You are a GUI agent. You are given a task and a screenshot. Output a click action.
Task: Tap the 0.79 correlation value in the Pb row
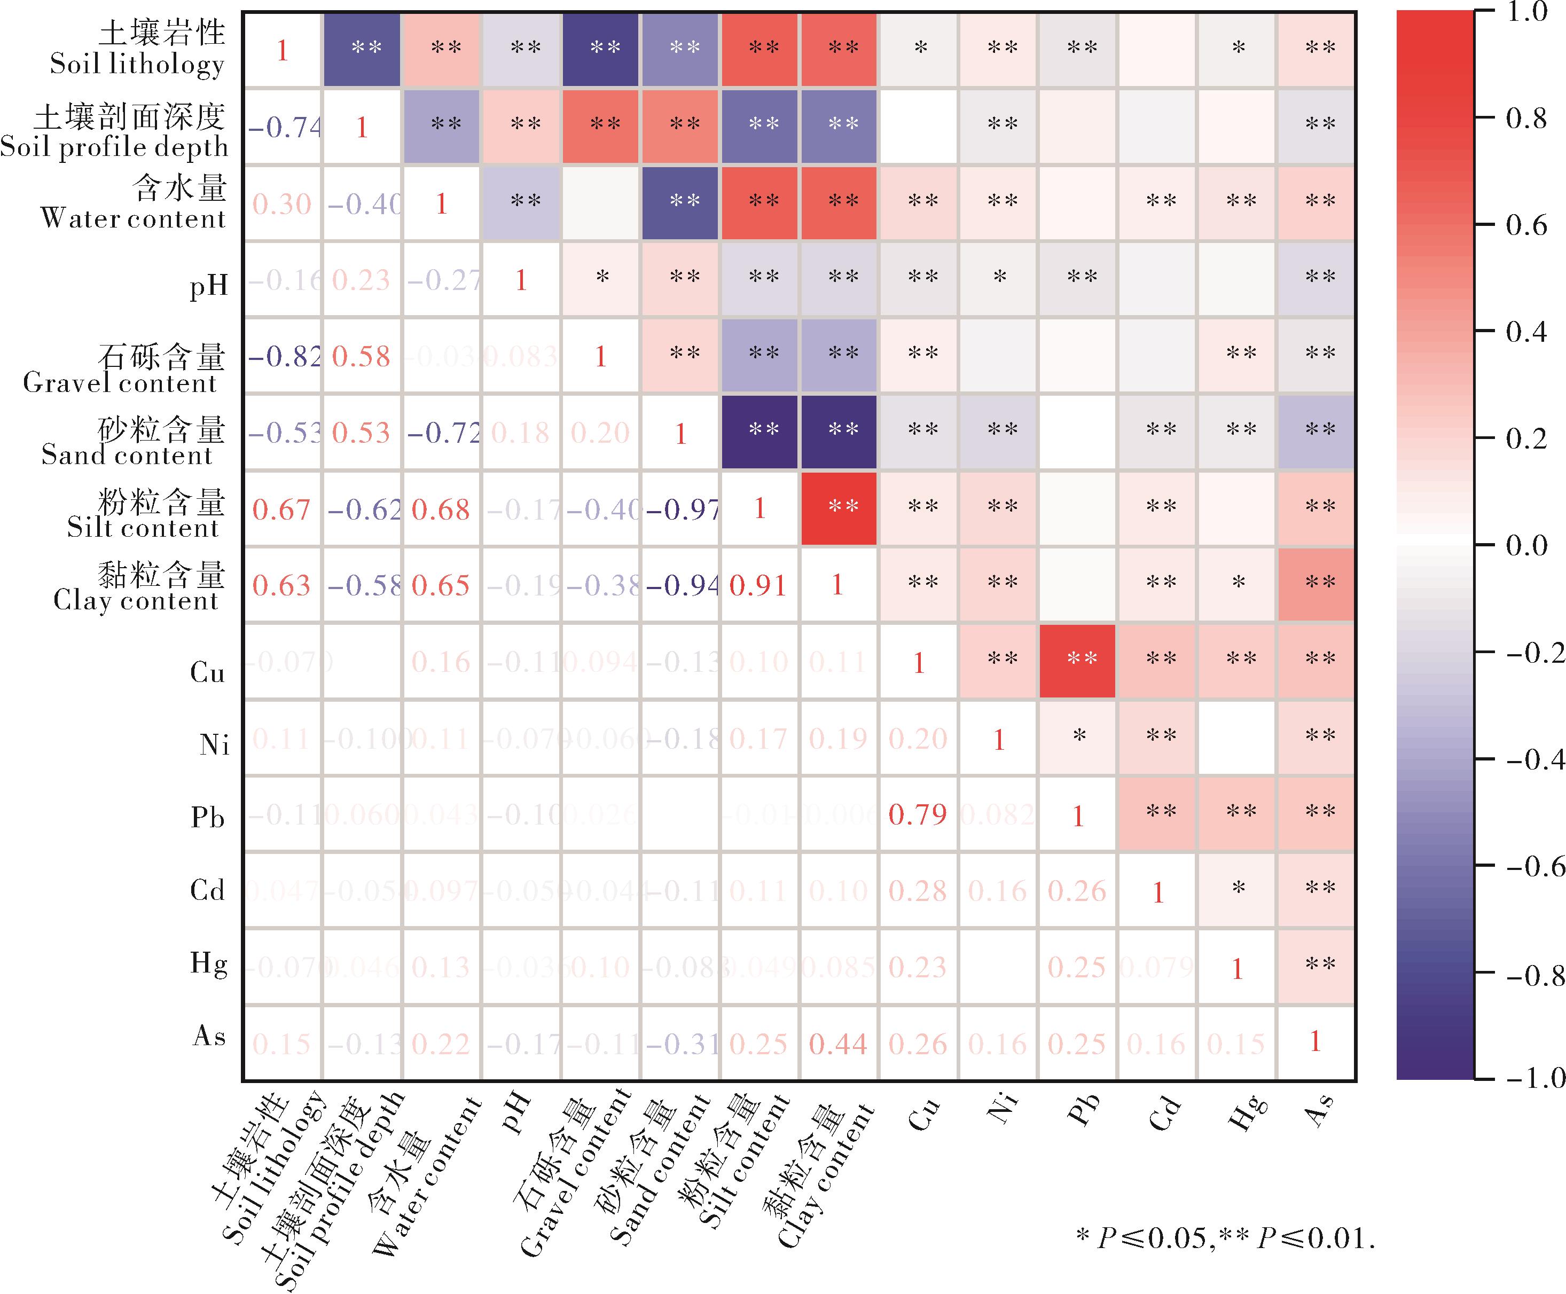pos(918,814)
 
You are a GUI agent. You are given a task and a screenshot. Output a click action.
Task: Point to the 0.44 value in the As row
pos(839,1044)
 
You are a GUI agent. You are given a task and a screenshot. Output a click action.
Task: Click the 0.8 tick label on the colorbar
pos(1526,118)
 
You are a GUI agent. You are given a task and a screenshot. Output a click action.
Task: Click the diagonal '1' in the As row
pos(1316,1041)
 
